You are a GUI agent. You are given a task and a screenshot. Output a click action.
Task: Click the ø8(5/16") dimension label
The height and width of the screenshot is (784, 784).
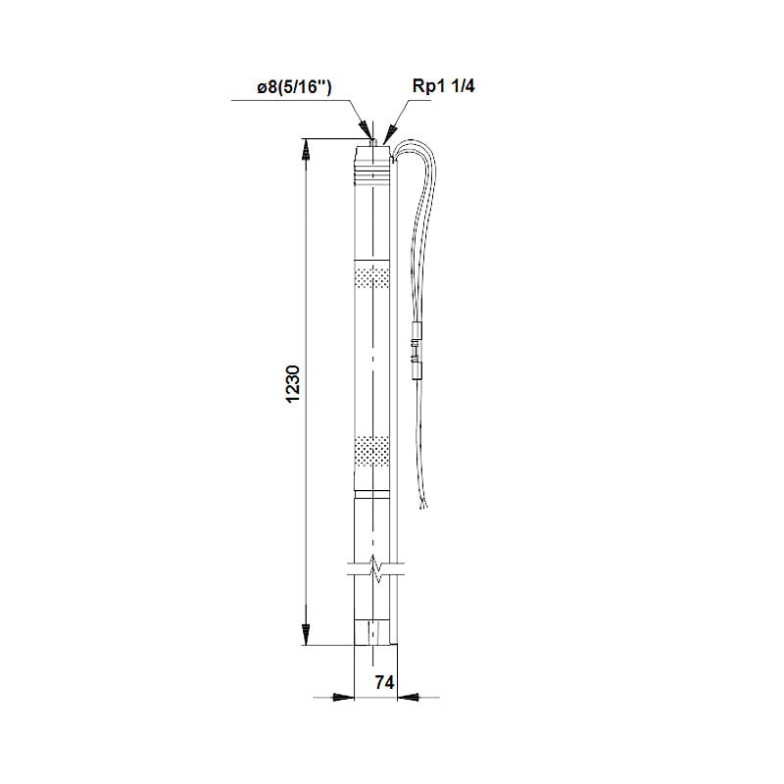(x=293, y=87)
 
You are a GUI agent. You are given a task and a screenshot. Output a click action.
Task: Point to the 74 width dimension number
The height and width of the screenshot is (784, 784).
(x=383, y=684)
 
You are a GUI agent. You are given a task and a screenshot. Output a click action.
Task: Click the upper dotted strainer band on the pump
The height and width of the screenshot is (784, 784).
(x=372, y=277)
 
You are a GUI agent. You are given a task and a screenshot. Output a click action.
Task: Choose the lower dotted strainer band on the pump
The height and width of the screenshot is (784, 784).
(x=372, y=451)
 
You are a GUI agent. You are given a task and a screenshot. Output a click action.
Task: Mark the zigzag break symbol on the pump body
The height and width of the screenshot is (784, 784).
(x=373, y=567)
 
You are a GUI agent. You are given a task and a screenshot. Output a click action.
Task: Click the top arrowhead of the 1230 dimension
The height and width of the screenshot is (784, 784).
(x=305, y=149)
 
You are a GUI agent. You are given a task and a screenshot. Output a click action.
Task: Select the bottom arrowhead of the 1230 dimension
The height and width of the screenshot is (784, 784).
(x=305, y=634)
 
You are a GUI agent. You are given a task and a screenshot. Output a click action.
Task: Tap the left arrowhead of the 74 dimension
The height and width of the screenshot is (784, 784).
(x=342, y=698)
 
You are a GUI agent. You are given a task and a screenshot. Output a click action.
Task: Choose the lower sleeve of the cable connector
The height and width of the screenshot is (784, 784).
(x=416, y=368)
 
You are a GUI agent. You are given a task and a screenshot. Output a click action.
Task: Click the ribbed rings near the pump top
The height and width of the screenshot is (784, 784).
(x=372, y=175)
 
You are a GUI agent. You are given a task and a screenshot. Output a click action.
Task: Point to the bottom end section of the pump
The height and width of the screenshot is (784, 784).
(x=373, y=632)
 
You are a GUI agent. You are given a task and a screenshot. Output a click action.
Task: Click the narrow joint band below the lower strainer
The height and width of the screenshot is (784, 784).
(x=372, y=494)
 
